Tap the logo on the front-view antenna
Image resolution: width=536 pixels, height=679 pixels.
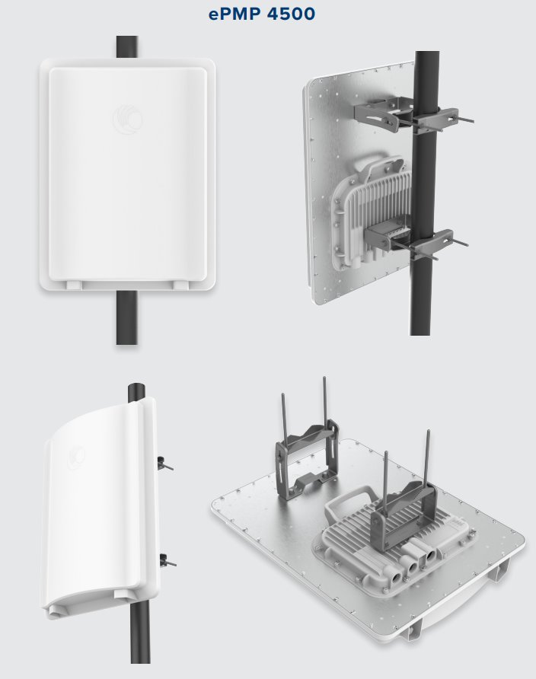tap(126, 120)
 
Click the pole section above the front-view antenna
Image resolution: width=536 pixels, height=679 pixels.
tap(127, 47)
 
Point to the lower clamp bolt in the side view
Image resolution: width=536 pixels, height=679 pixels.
tap(167, 563)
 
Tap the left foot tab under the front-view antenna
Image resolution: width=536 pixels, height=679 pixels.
tap(74, 283)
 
